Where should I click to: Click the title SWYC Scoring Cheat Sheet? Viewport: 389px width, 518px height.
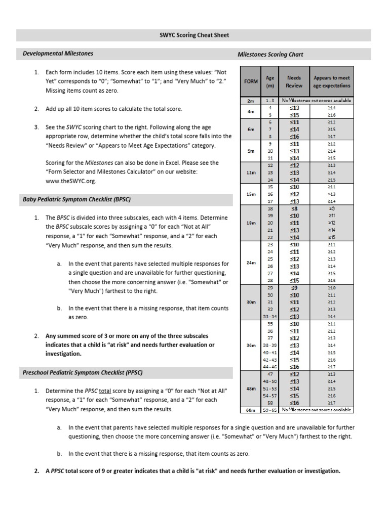(194, 35)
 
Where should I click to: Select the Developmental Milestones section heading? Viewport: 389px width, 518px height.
(58, 53)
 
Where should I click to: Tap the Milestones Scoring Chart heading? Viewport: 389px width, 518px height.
(270, 54)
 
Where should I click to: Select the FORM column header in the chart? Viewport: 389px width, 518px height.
(251, 81)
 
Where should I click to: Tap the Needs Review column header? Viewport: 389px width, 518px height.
(294, 81)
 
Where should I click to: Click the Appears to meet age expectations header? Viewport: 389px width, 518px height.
(331, 81)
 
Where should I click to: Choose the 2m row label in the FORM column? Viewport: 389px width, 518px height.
(251, 101)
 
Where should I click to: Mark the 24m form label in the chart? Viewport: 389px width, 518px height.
(251, 263)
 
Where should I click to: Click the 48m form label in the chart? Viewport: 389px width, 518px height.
(251, 388)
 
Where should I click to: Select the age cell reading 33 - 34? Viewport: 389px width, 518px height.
(270, 317)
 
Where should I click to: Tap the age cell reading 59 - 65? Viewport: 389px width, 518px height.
(270, 410)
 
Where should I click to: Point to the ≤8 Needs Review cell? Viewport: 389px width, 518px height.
(294, 208)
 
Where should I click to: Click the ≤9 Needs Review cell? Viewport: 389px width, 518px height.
(294, 288)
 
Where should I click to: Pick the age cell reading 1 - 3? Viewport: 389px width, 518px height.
(270, 101)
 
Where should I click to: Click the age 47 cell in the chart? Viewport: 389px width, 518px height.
(270, 374)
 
